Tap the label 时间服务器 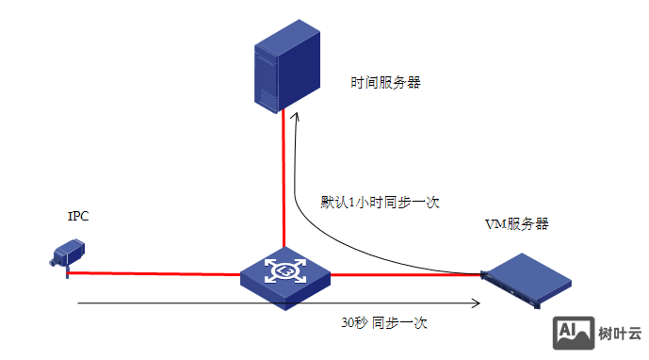pyautogui.click(x=385, y=83)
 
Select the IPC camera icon pyautogui.click(x=69, y=254)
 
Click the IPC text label pyautogui.click(x=78, y=217)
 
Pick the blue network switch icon pyautogui.click(x=284, y=274)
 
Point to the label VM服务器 pyautogui.click(x=516, y=224)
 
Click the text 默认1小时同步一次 pyautogui.click(x=381, y=202)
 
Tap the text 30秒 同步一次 pyautogui.click(x=384, y=322)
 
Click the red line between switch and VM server pyautogui.click(x=405, y=274)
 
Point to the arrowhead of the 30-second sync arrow pyautogui.click(x=476, y=303)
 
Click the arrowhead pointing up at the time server pyautogui.click(x=296, y=117)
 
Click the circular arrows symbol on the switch pyautogui.click(x=284, y=270)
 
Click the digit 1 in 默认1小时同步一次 pyautogui.click(x=351, y=202)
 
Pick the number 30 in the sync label pyautogui.click(x=348, y=322)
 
